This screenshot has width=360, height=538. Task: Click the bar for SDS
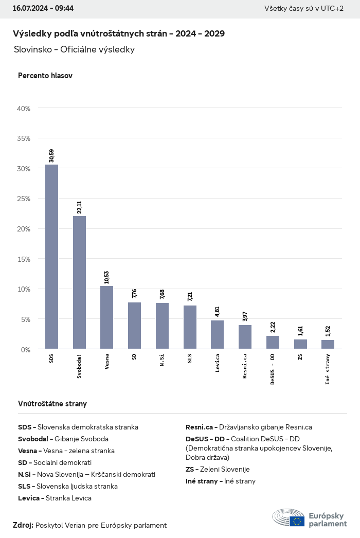[51, 257]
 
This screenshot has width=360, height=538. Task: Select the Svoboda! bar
[79, 282]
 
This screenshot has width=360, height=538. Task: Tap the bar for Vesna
[106, 317]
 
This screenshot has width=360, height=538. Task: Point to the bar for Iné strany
[328, 344]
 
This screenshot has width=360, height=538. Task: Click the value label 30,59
[51, 155]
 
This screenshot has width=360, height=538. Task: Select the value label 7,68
[162, 294]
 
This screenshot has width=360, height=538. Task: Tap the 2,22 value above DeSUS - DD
[273, 327]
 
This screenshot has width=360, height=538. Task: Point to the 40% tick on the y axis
[24, 109]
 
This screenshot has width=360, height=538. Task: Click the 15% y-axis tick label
[24, 259]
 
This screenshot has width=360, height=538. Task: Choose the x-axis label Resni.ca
[245, 366]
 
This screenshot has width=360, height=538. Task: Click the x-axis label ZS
[300, 357]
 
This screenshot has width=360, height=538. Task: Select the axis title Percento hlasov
[45, 76]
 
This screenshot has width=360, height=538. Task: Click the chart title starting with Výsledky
[119, 33]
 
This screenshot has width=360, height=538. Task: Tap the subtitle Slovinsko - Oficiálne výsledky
[74, 50]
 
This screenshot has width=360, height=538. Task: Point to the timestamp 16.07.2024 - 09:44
[43, 8]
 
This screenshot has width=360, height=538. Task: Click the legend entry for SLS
[68, 486]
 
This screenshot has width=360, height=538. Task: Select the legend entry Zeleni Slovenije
[218, 469]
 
